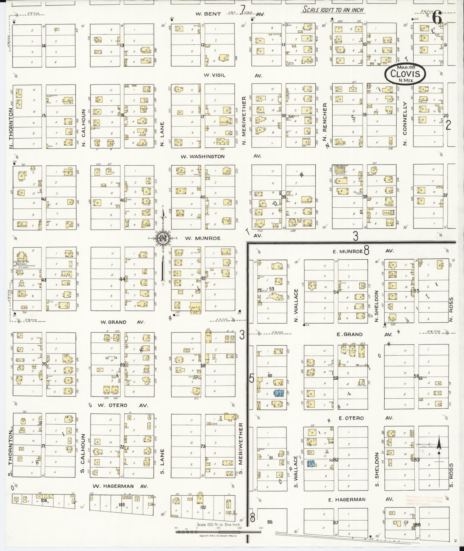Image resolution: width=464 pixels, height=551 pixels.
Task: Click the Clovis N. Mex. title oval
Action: tap(406, 74)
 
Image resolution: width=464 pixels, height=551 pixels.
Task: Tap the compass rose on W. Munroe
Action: tap(163, 238)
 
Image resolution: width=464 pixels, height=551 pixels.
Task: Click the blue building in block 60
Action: tap(278, 393)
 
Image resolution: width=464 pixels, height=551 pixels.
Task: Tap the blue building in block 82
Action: tap(311, 464)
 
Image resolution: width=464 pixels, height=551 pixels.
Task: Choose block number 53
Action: tap(272, 289)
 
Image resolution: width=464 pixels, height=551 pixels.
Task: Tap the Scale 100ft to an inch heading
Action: tap(333, 10)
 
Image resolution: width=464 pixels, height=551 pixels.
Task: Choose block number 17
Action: tap(203, 117)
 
